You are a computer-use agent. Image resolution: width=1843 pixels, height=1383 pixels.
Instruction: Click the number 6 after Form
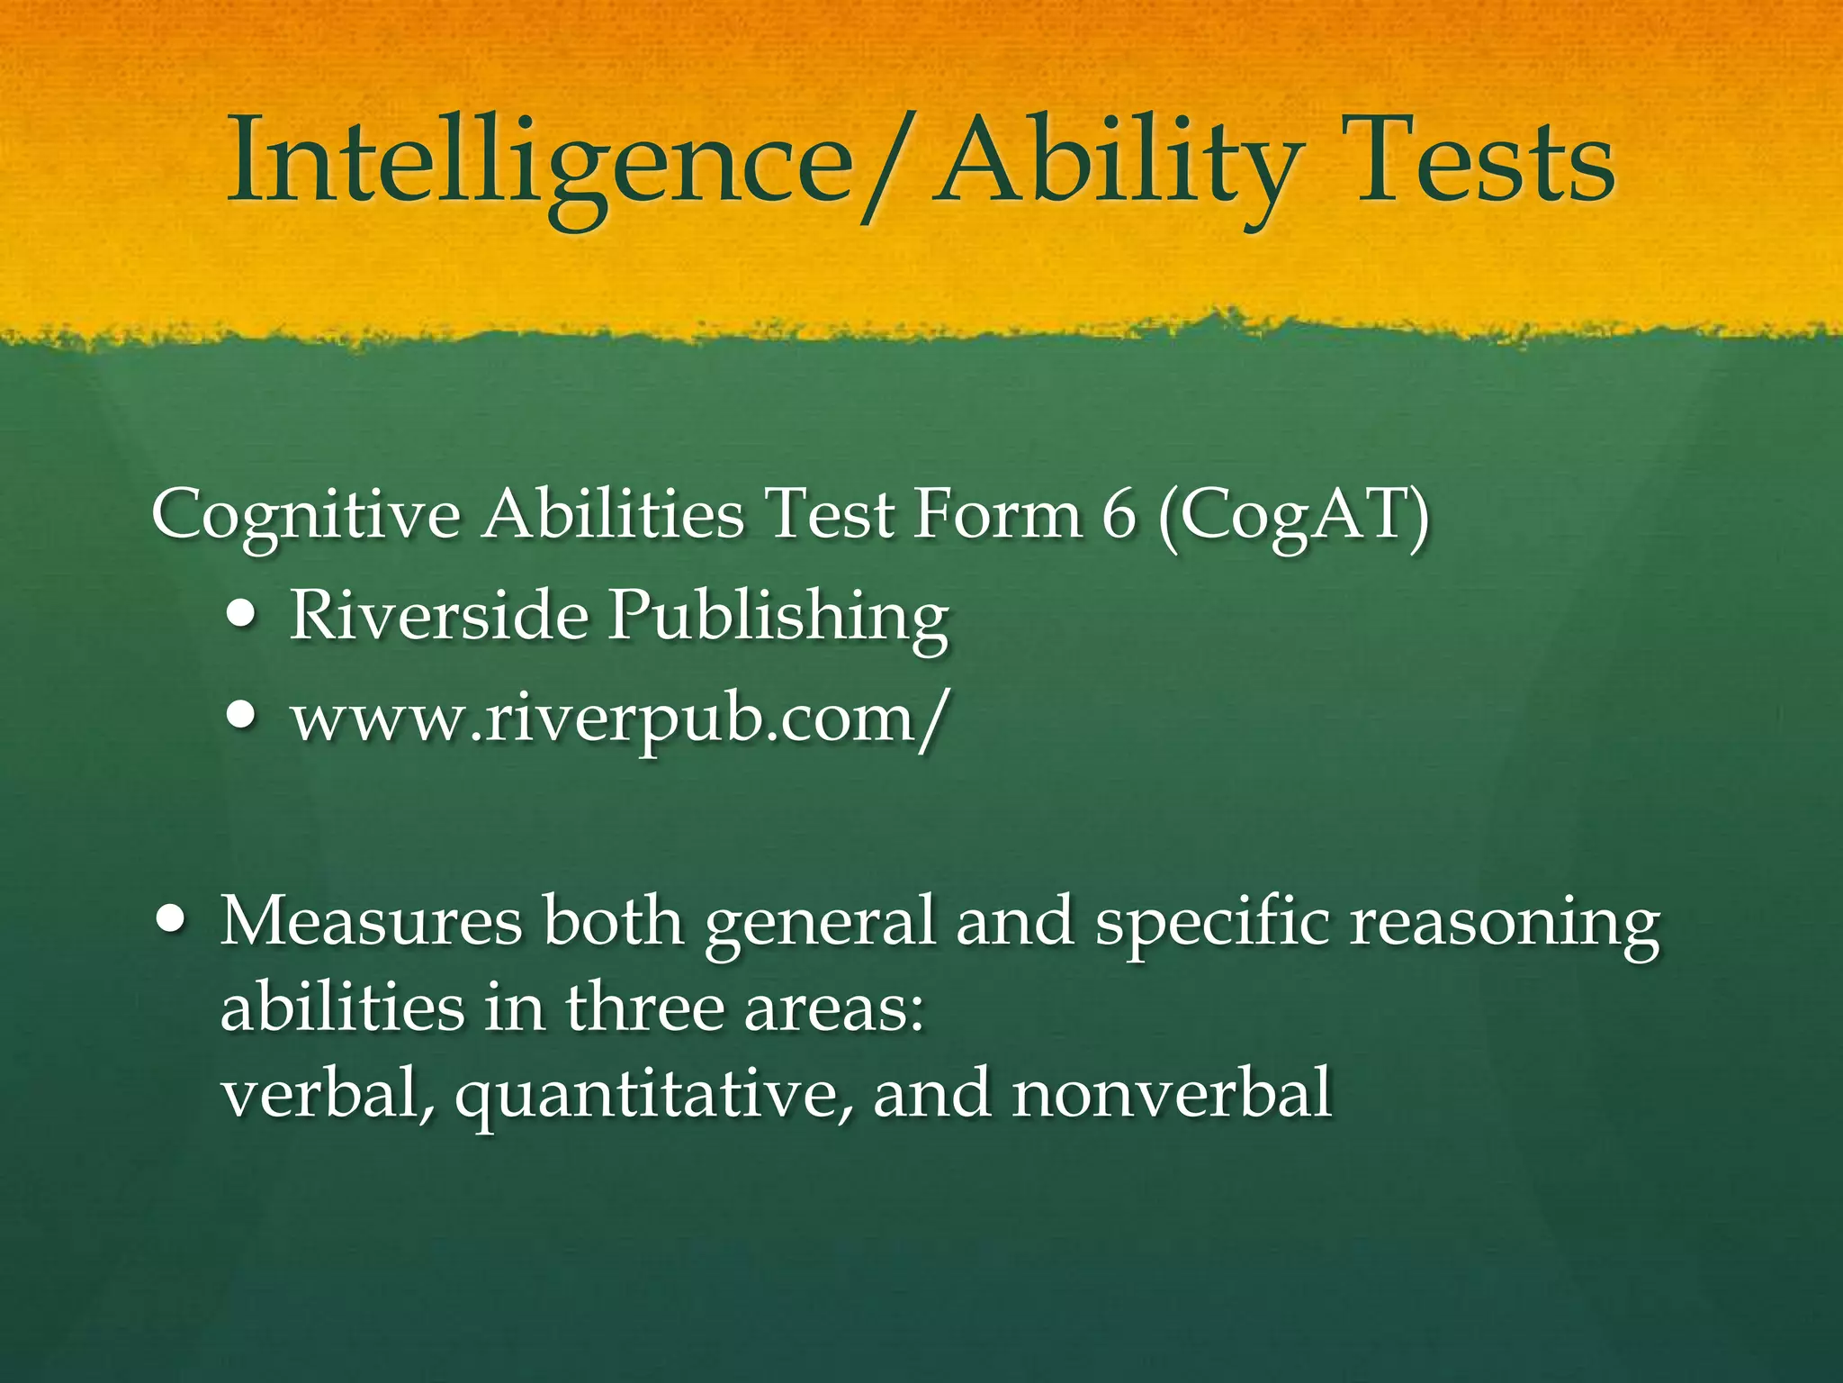coord(1119,516)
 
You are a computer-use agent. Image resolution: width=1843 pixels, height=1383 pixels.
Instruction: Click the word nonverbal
coord(1171,1093)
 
